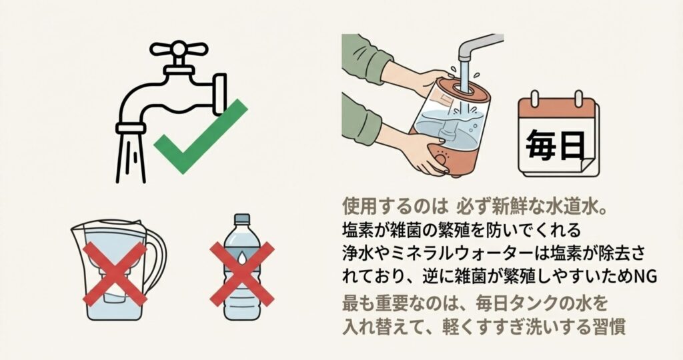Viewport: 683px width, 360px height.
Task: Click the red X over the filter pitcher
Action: pos(115,273)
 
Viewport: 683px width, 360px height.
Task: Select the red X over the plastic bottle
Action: pos(242,274)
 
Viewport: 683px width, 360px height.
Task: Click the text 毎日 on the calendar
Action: pos(556,145)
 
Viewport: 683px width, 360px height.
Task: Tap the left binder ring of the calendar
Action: pos(539,99)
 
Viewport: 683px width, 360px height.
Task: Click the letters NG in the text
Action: pos(645,277)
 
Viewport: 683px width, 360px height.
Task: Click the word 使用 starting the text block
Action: pos(358,206)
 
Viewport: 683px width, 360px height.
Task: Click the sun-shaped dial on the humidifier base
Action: pos(442,157)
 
